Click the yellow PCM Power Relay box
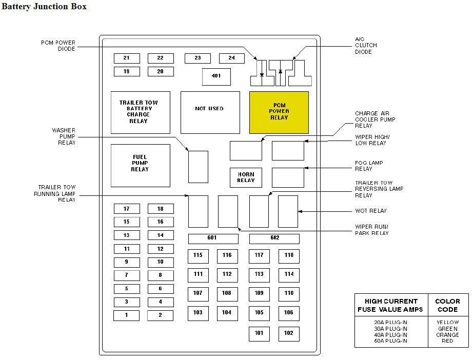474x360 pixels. (279, 112)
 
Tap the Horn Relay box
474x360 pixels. (246, 177)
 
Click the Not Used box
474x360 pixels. (210, 112)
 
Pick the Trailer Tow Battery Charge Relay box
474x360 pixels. (140, 112)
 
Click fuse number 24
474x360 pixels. (232, 58)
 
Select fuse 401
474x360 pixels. (216, 76)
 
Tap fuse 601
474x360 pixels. (213, 238)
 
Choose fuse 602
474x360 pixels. (274, 238)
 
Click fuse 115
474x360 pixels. (198, 255)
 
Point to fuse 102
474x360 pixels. (289, 333)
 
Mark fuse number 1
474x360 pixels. (126, 315)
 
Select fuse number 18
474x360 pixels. (161, 209)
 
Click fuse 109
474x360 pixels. (259, 293)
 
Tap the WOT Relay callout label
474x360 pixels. (370, 211)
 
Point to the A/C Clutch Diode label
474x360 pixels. (365, 46)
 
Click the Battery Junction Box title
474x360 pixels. (45, 7)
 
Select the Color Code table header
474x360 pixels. (447, 305)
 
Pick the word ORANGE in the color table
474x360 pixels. (447, 335)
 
